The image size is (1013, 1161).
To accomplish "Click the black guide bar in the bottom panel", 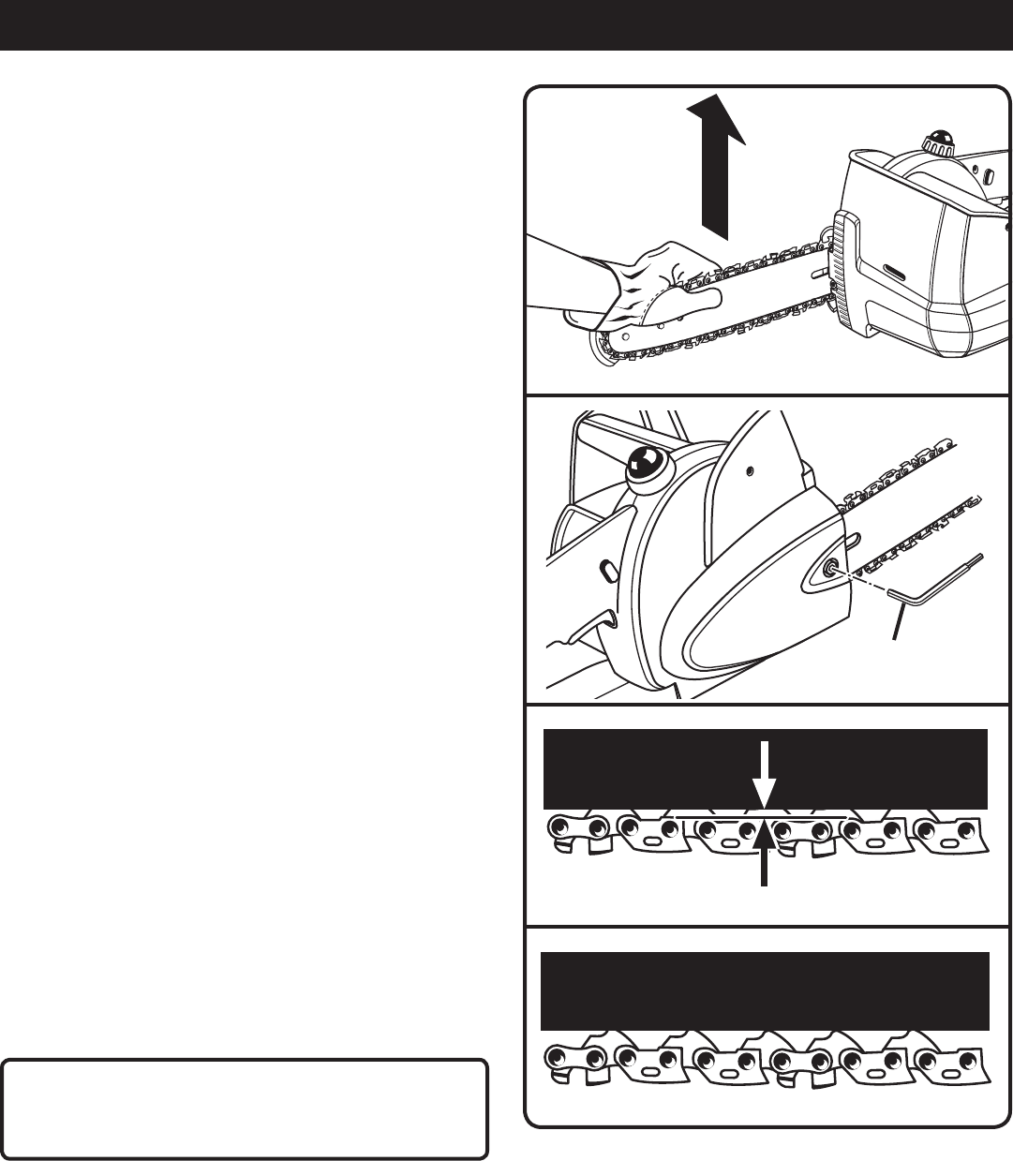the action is coord(765,991).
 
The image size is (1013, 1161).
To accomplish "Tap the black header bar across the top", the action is coord(506,24).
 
